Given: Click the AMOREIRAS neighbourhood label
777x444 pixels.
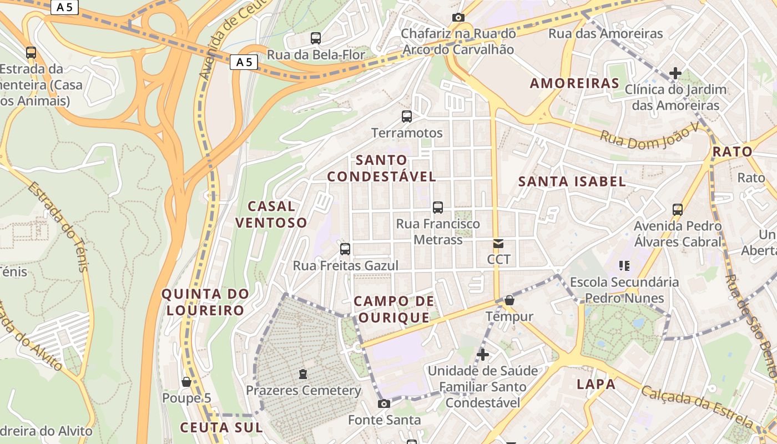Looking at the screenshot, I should [574, 83].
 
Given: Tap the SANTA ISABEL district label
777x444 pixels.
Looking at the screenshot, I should [572, 181].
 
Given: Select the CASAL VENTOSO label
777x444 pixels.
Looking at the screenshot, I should [271, 214].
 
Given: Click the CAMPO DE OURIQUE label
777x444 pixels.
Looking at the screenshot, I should [393, 309].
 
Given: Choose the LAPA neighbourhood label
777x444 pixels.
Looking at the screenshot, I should [596, 384].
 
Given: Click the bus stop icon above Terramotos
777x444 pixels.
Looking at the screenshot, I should [407, 117].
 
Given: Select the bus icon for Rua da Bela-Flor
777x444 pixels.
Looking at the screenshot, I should [316, 38].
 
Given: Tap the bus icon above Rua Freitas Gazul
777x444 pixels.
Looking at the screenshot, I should [345, 249].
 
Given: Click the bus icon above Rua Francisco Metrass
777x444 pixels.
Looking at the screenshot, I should [438, 208].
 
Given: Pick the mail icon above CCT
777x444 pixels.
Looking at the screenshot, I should [498, 244].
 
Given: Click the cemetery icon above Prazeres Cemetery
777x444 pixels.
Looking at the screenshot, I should [303, 374].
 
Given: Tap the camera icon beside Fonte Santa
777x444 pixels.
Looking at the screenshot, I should [384, 403].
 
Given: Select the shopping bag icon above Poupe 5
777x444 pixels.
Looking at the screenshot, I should [186, 382].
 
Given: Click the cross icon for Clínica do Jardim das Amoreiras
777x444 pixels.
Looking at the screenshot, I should [675, 73].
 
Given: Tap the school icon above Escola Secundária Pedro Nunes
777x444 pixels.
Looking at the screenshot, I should [624, 266].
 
